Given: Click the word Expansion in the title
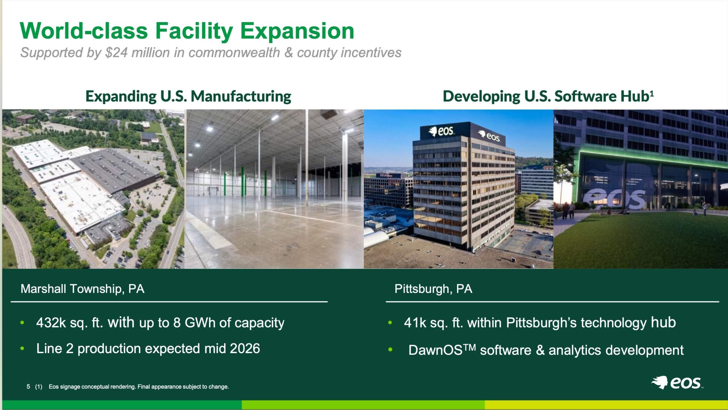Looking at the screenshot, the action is coord(297,31).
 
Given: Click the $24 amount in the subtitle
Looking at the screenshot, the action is coord(116,53).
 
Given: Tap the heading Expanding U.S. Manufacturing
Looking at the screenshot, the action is coord(188,96).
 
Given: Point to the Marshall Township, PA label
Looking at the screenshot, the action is coord(82,289).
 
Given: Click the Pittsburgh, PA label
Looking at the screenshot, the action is coord(433,289).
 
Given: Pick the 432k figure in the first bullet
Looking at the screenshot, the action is coord(51,323).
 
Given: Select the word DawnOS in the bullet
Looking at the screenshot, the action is coord(435,350).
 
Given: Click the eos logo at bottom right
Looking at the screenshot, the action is coord(677,383).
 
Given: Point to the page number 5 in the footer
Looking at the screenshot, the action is coord(28,386).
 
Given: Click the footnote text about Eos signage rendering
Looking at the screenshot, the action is coord(139,387).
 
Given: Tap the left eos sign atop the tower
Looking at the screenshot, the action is coord(441,131).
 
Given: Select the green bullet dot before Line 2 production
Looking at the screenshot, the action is coord(22,349).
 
